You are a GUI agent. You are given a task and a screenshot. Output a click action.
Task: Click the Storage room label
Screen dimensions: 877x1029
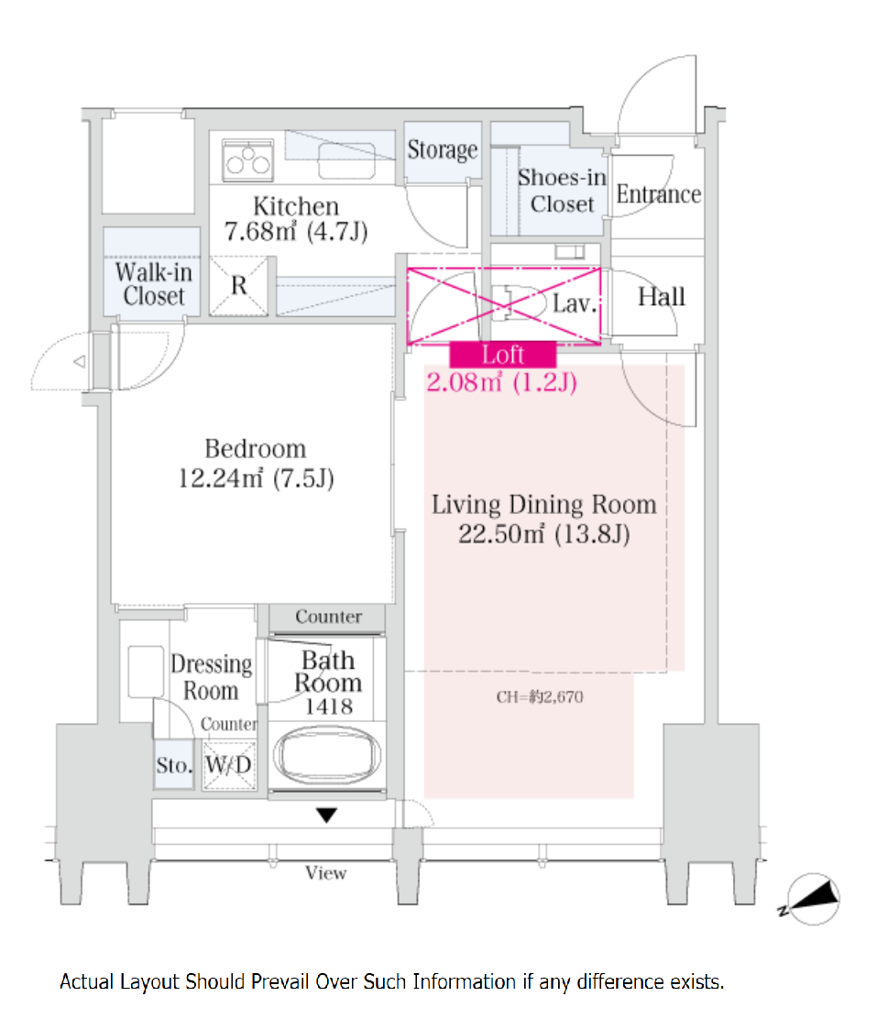443,150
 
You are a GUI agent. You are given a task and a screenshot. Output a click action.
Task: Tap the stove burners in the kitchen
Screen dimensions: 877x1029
247,159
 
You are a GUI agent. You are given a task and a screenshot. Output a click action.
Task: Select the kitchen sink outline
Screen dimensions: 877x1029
346,160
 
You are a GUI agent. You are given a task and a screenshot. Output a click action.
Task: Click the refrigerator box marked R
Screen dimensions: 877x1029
239,286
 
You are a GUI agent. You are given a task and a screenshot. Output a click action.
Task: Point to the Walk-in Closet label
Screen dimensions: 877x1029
154,284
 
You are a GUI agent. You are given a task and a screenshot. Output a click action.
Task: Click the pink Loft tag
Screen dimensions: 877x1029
503,355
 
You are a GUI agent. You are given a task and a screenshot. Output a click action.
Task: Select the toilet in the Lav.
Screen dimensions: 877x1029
520,302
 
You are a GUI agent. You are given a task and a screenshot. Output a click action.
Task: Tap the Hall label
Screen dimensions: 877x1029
661,297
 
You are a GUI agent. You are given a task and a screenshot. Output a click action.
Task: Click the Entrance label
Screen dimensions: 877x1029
658,194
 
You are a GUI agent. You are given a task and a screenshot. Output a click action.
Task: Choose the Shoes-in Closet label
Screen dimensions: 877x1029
562,191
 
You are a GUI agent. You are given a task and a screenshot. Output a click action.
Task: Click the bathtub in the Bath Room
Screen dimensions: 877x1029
327,755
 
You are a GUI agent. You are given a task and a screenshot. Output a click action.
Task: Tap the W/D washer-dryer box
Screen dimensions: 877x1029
228,765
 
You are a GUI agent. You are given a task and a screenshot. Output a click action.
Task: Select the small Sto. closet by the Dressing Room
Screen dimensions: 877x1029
174,765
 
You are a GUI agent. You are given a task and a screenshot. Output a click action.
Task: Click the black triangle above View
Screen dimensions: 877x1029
326,816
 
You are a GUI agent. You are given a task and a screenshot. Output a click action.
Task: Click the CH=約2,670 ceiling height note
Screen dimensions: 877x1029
540,697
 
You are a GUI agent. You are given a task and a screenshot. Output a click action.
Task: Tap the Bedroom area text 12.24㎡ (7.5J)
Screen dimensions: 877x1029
256,478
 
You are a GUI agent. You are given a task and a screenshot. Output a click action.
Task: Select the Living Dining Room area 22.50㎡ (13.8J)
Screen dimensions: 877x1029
544,534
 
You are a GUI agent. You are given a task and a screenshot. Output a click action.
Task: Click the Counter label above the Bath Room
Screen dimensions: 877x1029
328,617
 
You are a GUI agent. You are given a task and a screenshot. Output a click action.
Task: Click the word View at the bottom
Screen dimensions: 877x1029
325,873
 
